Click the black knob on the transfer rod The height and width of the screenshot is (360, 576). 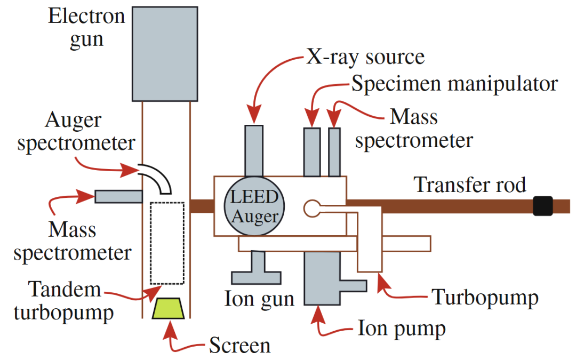coord(543,206)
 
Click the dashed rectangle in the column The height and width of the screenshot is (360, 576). coord(167,243)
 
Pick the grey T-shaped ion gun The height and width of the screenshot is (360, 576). coord(256,270)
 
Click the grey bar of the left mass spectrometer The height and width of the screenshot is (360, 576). coord(118,197)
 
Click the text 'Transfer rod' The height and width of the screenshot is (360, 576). coord(470,185)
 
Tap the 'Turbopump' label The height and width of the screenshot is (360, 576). coord(484,297)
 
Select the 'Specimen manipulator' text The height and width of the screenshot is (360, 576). coord(454,83)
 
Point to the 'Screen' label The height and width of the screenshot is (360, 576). coord(239,345)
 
